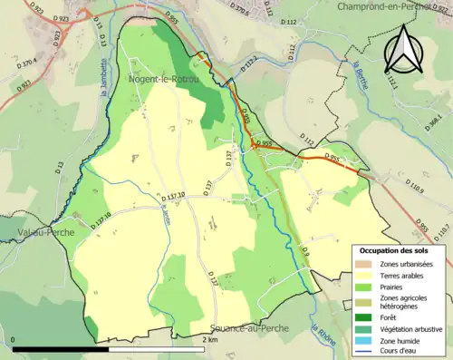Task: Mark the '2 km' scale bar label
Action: click(x=208, y=339)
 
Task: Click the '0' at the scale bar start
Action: click(x=14, y=339)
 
